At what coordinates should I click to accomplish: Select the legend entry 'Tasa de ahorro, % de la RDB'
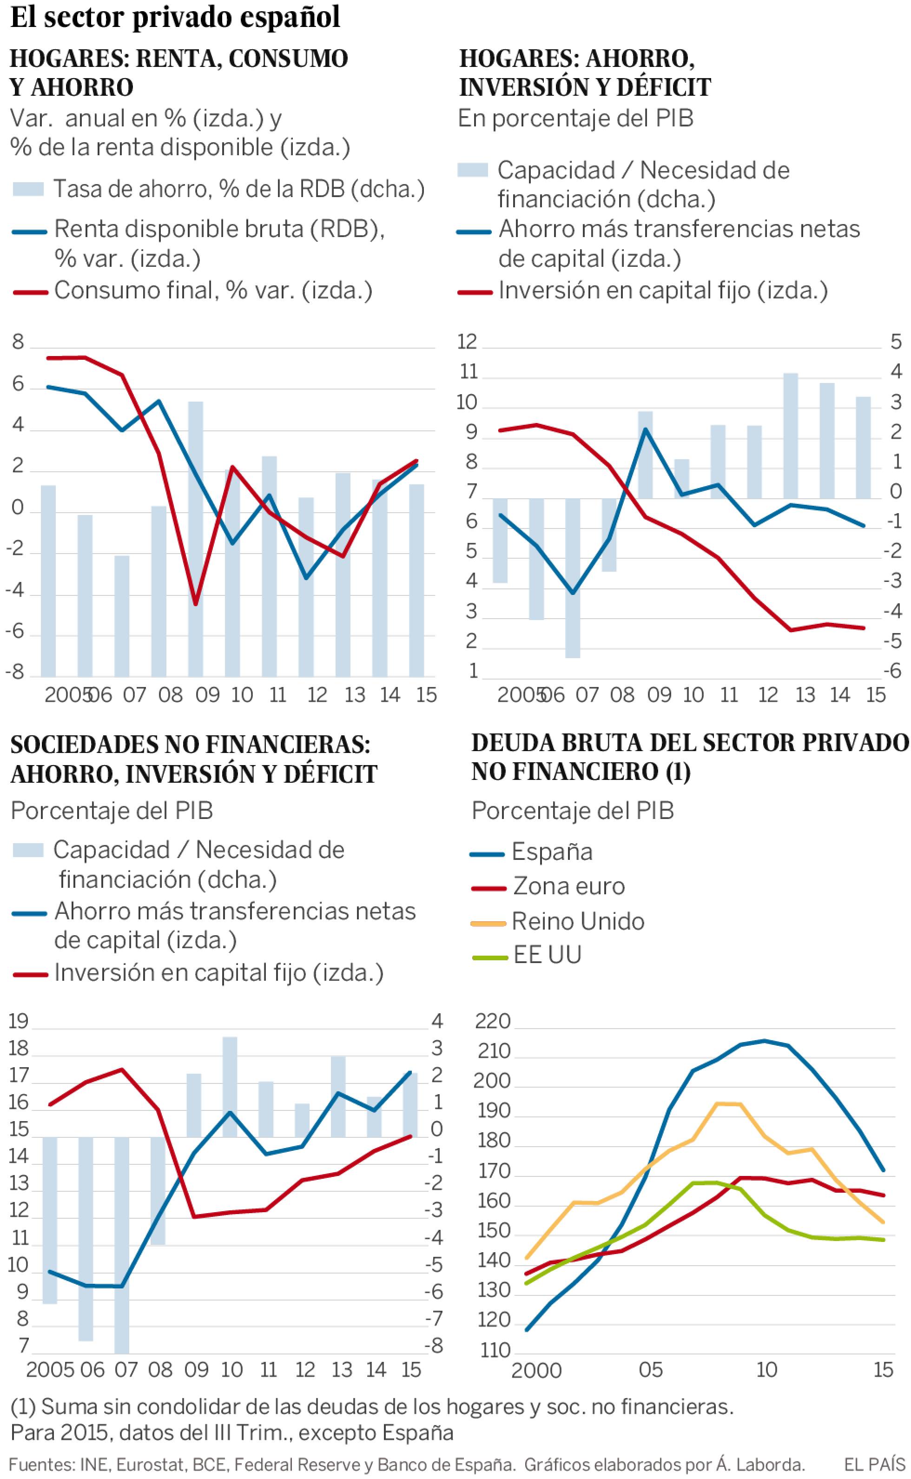click(x=238, y=189)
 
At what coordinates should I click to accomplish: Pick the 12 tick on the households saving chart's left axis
click(x=468, y=342)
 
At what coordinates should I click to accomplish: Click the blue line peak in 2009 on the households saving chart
click(x=645, y=429)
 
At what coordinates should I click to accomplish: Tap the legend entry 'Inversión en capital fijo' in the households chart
click(x=663, y=291)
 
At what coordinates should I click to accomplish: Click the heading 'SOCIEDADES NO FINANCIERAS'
click(x=190, y=745)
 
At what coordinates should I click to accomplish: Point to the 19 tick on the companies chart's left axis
click(x=18, y=1021)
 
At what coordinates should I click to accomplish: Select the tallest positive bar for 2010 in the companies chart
click(x=230, y=1086)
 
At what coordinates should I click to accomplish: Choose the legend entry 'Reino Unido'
click(x=577, y=921)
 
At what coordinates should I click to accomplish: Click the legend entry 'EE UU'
click(x=547, y=955)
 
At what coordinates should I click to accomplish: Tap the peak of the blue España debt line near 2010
click(x=764, y=1040)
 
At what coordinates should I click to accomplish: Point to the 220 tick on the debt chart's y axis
click(x=492, y=1021)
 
